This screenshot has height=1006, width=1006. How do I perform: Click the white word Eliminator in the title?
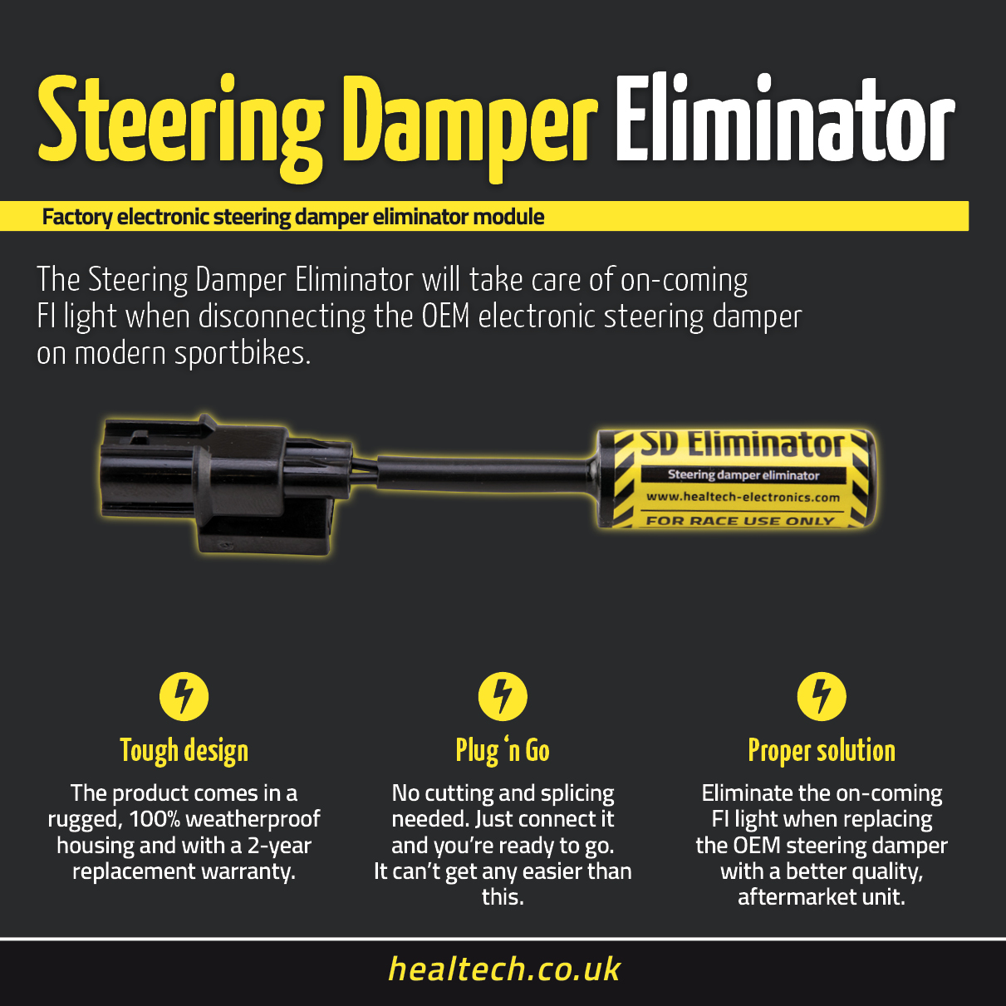[785, 119]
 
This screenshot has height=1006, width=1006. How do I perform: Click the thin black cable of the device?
[485, 474]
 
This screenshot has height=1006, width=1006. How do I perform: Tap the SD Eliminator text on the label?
[743, 444]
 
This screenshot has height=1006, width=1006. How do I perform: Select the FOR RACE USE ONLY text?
[740, 521]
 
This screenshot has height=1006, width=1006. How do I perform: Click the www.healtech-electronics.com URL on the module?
[743, 497]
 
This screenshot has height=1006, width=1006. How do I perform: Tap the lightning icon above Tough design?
[184, 696]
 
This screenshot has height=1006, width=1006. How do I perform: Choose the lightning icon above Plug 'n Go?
[503, 696]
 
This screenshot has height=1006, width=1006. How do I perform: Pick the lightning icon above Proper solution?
[822, 696]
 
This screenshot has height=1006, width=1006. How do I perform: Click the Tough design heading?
[184, 751]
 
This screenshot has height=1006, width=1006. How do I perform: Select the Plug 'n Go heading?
[503, 751]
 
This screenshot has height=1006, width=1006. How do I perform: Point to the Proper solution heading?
[822, 751]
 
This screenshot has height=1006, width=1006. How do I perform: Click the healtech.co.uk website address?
[504, 969]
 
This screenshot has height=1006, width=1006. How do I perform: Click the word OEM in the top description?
[445, 317]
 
